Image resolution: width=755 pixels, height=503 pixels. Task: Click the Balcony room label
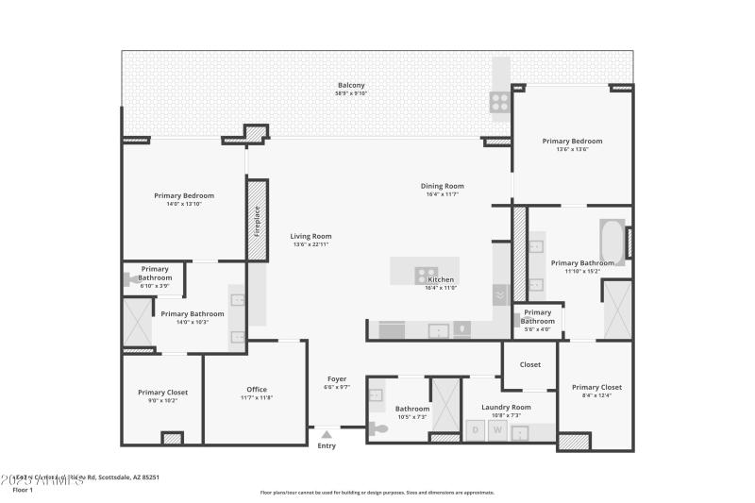351,85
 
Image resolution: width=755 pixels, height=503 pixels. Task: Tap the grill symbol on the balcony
498,100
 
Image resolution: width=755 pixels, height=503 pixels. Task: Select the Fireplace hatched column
256,233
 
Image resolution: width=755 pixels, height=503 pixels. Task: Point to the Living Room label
310,236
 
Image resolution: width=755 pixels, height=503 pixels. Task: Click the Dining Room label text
442,186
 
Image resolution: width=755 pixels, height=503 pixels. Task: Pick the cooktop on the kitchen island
427,275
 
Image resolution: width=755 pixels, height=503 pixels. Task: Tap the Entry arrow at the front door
327,434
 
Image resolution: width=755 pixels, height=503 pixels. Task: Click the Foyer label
337,378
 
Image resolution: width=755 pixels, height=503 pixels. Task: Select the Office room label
257,389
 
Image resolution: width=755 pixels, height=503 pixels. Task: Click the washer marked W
497,431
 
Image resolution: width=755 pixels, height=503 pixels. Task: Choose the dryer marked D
476,431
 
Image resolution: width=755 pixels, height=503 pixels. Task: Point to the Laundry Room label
507,407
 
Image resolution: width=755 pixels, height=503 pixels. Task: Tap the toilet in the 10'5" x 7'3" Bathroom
379,428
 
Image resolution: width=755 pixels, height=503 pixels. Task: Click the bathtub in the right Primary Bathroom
612,240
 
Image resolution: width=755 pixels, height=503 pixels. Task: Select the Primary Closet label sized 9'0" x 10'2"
163,392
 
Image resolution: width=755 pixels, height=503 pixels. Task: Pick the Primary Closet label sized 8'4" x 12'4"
597,387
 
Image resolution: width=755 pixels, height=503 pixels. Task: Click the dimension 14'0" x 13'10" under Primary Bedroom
185,204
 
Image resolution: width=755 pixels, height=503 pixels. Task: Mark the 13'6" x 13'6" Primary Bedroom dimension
572,149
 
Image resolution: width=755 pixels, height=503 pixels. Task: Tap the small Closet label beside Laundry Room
529,364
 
